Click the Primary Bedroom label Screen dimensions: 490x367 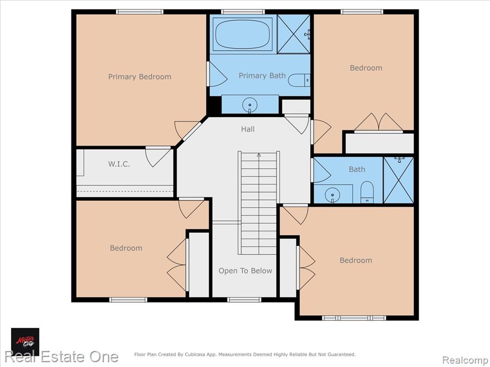point(140,77)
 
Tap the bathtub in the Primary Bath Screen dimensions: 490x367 point(243,34)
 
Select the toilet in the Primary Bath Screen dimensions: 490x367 point(299,80)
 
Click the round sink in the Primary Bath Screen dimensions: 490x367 point(249,104)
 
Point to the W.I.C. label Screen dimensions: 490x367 point(119,164)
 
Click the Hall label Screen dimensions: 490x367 point(247,129)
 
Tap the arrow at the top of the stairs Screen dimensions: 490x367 point(259,155)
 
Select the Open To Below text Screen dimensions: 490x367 point(245,270)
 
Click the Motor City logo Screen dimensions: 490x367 point(25,342)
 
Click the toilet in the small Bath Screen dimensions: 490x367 point(367,192)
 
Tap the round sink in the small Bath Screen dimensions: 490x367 point(332,195)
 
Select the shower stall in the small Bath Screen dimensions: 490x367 point(399,180)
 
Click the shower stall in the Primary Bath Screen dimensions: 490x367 point(293,34)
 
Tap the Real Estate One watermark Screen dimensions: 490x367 point(62,356)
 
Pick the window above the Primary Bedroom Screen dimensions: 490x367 point(140,12)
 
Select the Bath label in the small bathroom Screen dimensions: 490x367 point(357,169)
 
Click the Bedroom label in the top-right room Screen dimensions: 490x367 point(366,68)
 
